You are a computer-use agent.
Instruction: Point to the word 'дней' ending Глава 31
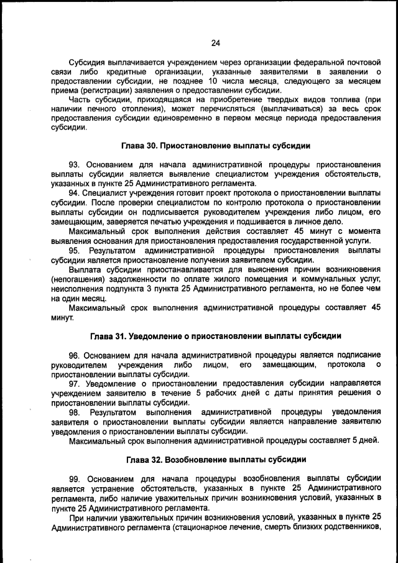tap(369, 441)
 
